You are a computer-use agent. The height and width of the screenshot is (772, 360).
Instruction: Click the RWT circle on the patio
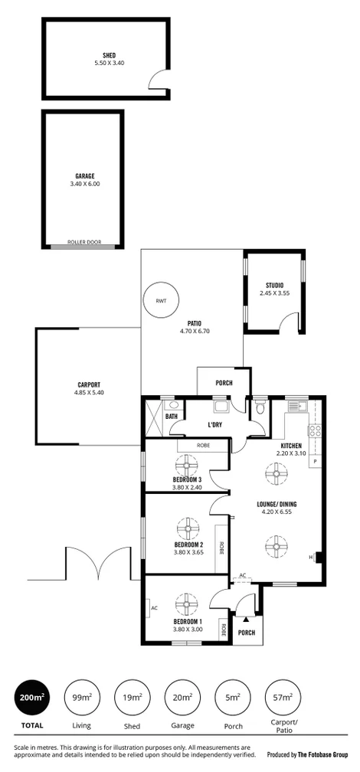[160, 301]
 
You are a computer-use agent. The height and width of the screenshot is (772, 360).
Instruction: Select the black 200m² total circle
[31, 698]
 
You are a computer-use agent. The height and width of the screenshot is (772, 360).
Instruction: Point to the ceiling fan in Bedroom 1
[184, 604]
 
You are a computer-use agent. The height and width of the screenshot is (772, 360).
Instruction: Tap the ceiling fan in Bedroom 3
[185, 465]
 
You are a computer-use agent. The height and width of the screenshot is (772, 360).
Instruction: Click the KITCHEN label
[291, 446]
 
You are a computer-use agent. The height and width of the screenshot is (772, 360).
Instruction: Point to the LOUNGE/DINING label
[277, 504]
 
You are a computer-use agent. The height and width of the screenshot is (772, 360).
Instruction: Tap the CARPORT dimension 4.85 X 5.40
[88, 393]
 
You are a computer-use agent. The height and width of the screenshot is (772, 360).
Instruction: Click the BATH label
[171, 417]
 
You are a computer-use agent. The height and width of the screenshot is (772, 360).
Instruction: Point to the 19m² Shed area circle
[133, 698]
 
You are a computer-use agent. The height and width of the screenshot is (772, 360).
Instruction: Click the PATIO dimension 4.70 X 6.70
[193, 332]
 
